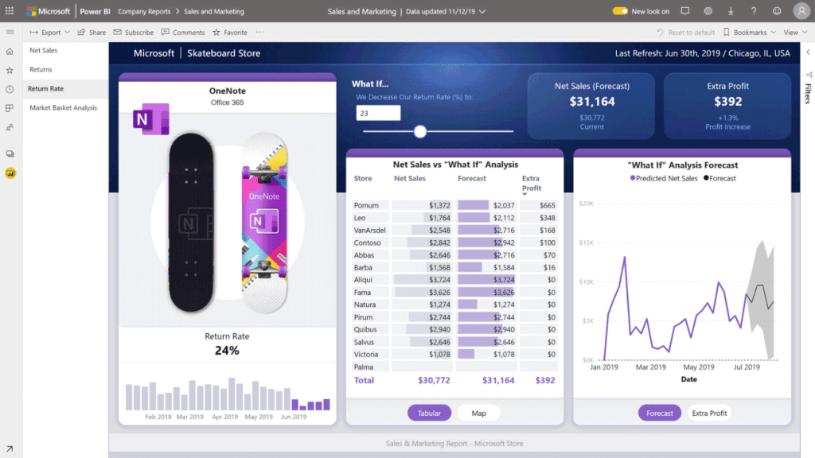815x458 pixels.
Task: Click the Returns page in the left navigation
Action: [x=41, y=69]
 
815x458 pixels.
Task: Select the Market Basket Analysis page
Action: [x=63, y=107]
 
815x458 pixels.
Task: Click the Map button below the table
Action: [x=478, y=413]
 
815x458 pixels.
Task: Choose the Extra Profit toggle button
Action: [x=709, y=413]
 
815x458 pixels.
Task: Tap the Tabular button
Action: [x=430, y=413]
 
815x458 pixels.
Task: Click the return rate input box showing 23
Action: [x=378, y=113]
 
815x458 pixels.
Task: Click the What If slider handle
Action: [x=420, y=131]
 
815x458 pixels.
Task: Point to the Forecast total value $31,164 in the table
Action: [x=497, y=381]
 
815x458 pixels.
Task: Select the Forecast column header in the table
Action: [x=472, y=179]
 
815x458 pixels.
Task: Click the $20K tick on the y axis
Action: [x=587, y=204]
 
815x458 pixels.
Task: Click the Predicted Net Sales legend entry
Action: [x=665, y=179]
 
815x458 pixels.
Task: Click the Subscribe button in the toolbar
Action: [x=134, y=33]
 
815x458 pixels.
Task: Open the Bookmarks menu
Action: [x=750, y=33]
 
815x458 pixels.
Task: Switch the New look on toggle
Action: [x=620, y=11]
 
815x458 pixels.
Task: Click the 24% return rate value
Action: [x=227, y=351]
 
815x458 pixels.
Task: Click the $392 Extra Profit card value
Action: [x=727, y=102]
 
